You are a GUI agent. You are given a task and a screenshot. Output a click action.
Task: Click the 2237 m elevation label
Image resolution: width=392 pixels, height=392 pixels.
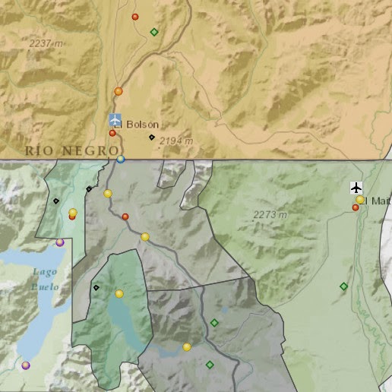(45, 44)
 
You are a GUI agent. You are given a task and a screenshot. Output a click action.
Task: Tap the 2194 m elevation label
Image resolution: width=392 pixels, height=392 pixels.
(176, 141)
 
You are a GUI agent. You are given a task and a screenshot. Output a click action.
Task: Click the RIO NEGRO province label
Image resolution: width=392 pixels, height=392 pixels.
(72, 150)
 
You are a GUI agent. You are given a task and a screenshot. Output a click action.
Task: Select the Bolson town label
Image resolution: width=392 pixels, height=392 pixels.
(142, 124)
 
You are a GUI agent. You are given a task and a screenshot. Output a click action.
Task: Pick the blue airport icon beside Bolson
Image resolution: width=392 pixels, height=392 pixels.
(115, 120)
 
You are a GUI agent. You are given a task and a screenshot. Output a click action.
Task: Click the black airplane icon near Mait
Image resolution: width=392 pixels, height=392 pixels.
(357, 187)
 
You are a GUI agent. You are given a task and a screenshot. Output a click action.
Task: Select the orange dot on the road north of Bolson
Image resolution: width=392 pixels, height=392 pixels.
(118, 91)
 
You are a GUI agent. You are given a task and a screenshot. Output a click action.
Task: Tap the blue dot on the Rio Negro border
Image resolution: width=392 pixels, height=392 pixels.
(121, 159)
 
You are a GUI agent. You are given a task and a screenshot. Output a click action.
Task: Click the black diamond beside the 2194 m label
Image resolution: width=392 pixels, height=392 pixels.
(151, 138)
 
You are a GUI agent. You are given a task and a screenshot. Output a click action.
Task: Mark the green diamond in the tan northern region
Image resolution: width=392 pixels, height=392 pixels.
(154, 32)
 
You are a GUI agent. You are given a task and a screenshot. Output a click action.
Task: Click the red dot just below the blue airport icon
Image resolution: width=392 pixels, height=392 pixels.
(112, 133)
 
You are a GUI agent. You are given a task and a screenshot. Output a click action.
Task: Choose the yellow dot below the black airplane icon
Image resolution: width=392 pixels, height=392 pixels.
(360, 200)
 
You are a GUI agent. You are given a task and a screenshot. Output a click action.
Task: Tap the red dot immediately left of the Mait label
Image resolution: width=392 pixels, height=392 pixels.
(355, 207)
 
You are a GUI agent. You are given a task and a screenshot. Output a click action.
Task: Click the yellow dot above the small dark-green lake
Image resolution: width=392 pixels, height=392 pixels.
(119, 293)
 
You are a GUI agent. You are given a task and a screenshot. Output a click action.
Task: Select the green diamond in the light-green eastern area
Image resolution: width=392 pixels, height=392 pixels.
(343, 286)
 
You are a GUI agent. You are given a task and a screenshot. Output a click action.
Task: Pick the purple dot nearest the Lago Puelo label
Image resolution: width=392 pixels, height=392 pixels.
(60, 242)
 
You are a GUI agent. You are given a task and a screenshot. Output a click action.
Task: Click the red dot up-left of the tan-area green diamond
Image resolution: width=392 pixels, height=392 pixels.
(135, 17)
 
